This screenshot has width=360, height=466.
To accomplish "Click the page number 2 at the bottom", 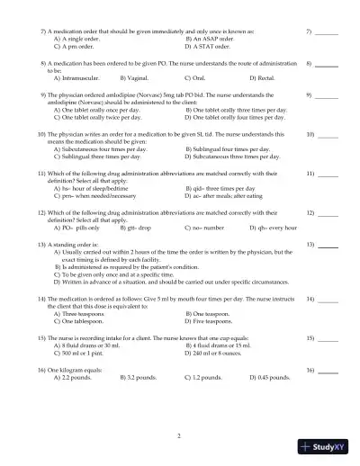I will [x=179, y=436].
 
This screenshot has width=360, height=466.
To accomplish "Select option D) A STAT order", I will [x=210, y=46].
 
